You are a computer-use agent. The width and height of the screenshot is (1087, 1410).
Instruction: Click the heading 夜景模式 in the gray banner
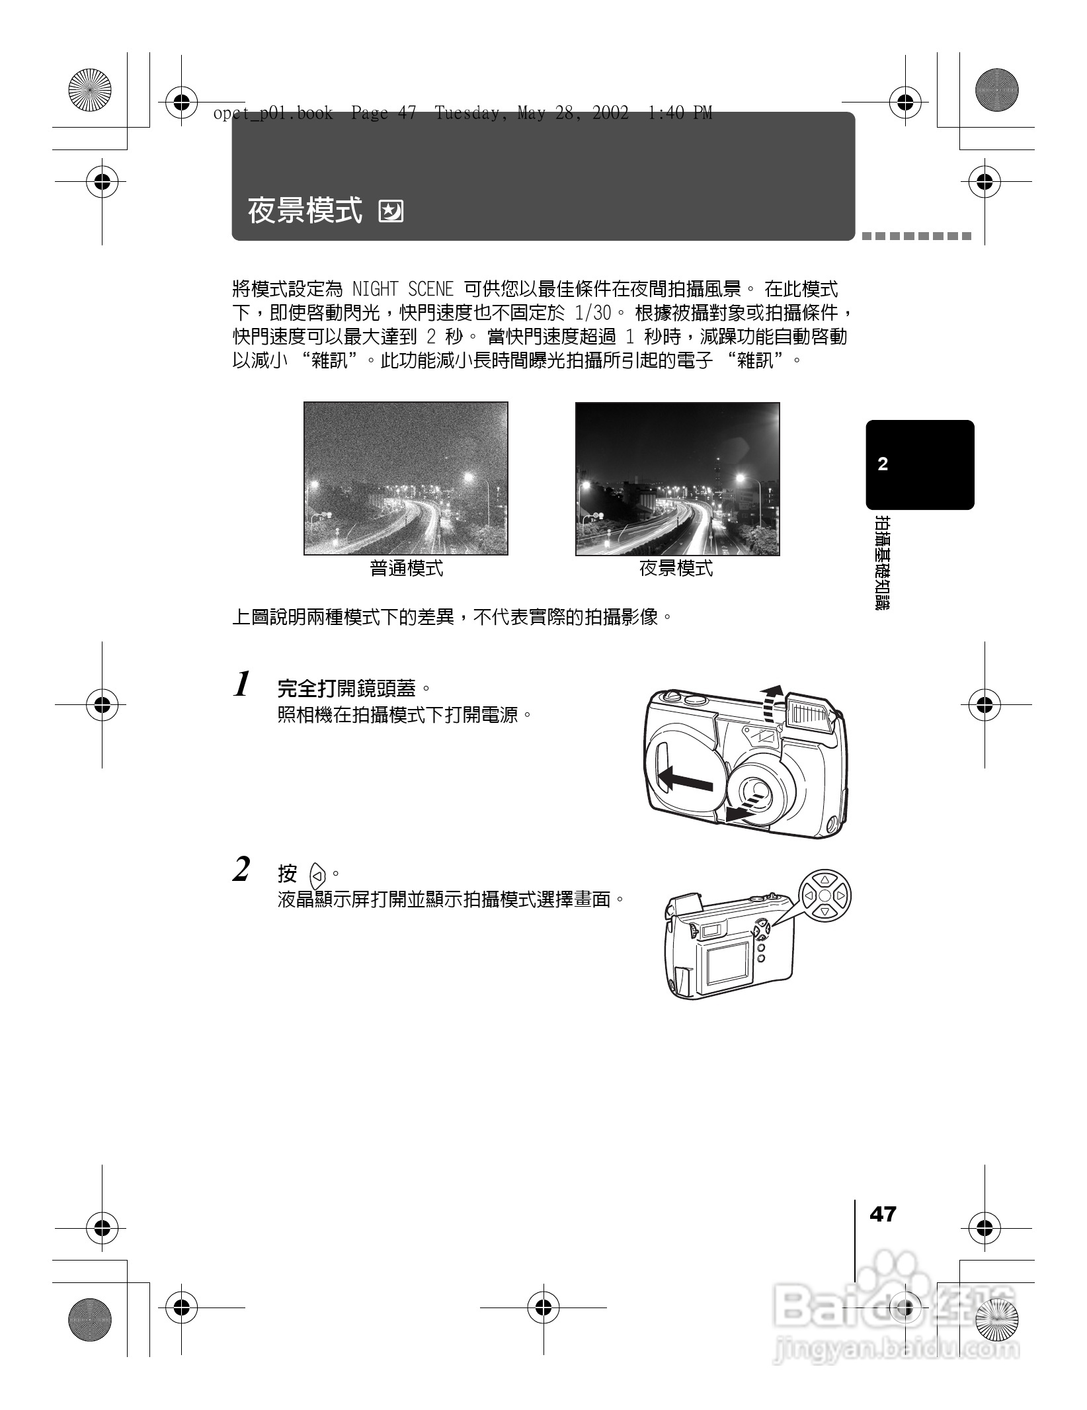[x=305, y=211]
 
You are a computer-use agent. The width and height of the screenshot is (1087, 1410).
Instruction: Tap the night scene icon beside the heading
[x=391, y=212]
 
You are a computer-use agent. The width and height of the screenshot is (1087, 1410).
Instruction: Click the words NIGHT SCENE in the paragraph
[x=403, y=289]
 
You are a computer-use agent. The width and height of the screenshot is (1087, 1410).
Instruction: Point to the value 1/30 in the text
[x=592, y=313]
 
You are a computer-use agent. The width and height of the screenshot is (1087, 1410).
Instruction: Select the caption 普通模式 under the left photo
[x=406, y=569]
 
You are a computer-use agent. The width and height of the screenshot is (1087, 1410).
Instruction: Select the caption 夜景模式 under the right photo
[x=676, y=569]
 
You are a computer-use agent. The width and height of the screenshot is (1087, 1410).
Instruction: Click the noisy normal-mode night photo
[x=405, y=478]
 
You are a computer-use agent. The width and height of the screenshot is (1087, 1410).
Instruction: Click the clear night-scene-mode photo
[x=677, y=478]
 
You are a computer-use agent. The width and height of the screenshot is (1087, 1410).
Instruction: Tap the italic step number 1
[x=243, y=684]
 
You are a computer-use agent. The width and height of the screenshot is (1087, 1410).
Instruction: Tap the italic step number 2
[x=242, y=870]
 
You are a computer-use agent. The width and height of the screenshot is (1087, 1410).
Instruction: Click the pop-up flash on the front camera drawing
[x=811, y=712]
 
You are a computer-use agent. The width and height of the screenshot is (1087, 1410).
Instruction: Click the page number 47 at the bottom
[x=883, y=1214]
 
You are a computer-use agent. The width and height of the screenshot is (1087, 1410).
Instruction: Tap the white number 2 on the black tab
[x=883, y=464]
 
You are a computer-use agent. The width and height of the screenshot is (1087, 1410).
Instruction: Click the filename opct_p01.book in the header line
[x=273, y=114]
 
